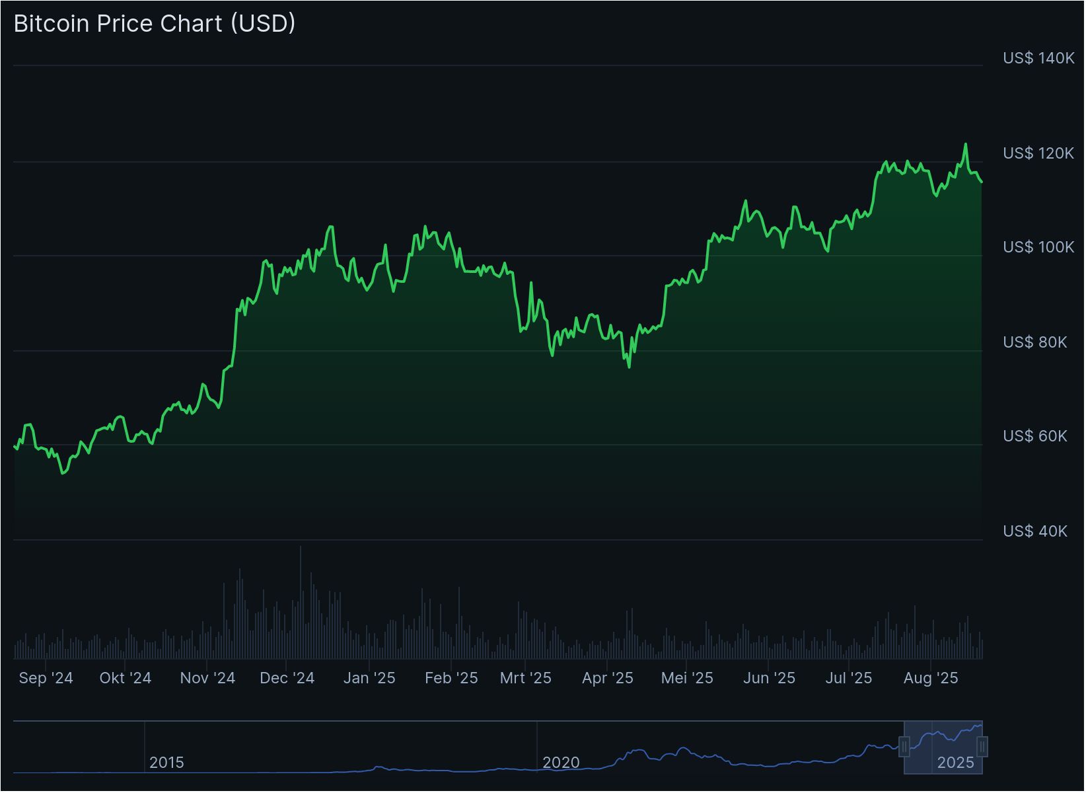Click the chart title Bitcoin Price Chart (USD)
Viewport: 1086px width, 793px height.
(155, 24)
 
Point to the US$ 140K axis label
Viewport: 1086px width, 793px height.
(1038, 58)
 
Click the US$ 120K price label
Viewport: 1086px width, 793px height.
(1038, 153)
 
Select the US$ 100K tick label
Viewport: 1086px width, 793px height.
(1038, 247)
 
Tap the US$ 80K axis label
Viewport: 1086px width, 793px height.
(1034, 342)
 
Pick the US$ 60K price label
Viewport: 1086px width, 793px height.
(1034, 436)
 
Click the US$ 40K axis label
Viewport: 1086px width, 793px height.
(1034, 531)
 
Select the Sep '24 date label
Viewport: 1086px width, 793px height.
(46, 678)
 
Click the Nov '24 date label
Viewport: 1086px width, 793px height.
(207, 678)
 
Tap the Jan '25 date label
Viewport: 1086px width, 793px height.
(369, 678)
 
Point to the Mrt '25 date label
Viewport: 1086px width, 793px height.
(525, 678)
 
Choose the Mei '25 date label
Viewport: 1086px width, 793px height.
(687, 678)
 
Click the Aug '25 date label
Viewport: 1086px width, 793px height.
(930, 678)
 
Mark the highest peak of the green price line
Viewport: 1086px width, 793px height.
(966, 144)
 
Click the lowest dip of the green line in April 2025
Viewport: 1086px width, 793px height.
(629, 367)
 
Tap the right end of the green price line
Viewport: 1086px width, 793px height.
(982, 182)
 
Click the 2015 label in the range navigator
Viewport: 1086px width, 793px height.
(166, 763)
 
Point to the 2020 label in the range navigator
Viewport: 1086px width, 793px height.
(561, 763)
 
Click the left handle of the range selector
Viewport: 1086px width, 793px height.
(904, 747)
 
